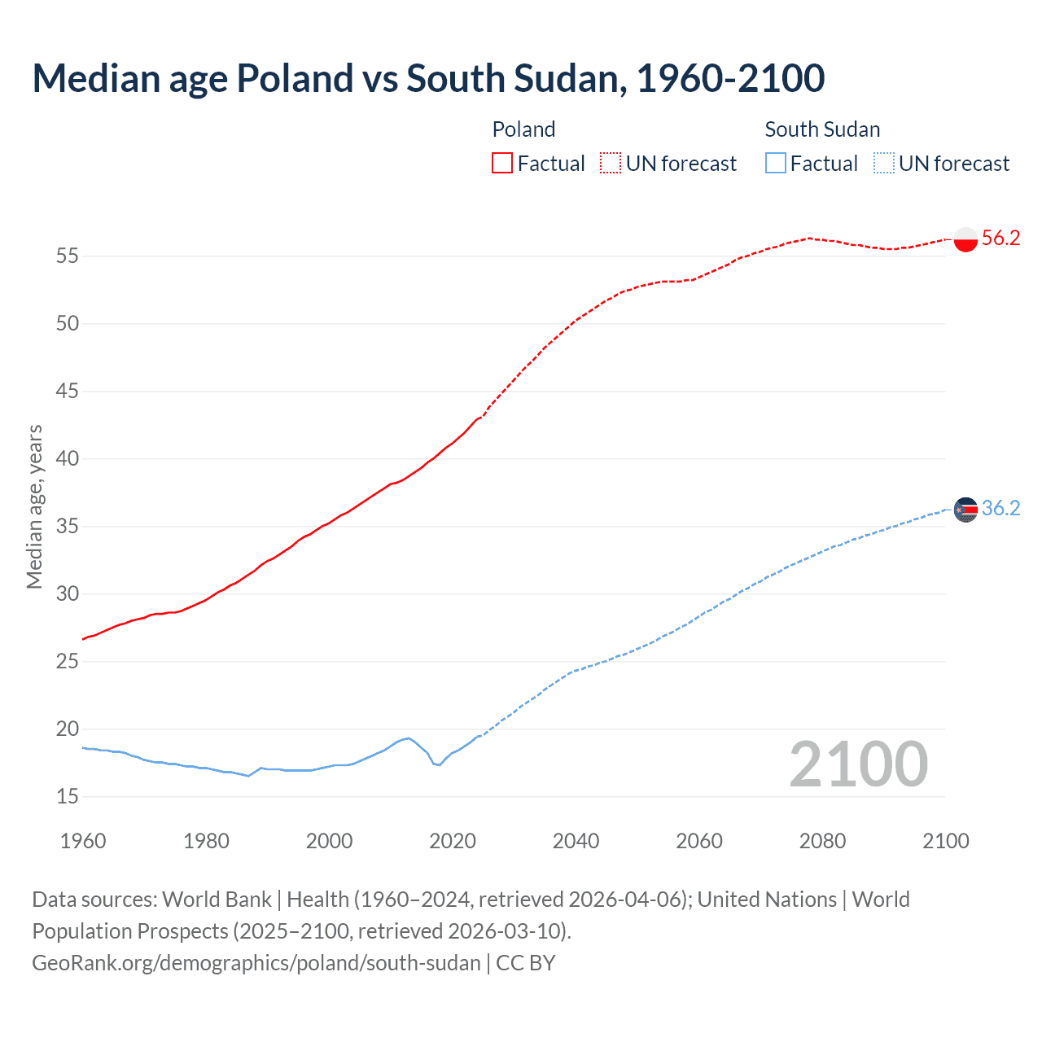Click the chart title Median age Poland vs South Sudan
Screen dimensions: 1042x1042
tap(428, 78)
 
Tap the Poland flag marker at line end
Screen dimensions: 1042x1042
tap(965, 239)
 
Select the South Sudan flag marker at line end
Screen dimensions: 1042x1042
tap(965, 510)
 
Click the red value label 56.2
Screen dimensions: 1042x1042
tap(1000, 238)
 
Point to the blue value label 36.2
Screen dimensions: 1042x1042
tap(1000, 508)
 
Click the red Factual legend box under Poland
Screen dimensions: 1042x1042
tap(502, 164)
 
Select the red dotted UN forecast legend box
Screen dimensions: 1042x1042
tap(611, 164)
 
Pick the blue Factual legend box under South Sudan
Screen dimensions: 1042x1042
tap(776, 164)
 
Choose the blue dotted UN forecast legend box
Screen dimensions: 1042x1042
tap(883, 164)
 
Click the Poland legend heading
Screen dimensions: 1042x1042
tap(523, 129)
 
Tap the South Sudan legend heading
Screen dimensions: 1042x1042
tap(822, 129)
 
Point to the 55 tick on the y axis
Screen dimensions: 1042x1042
tap(68, 256)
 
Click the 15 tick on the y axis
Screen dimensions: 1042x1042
tap(68, 796)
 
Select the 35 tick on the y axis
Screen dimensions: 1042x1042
tap(68, 527)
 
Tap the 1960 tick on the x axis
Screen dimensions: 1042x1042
tap(83, 841)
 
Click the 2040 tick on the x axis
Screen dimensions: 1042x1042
tap(576, 841)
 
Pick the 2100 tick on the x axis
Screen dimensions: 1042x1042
tap(946, 841)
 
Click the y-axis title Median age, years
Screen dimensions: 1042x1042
tap(34, 506)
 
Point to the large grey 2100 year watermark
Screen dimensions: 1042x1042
tap(858, 764)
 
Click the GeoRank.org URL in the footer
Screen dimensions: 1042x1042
tap(256, 963)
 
